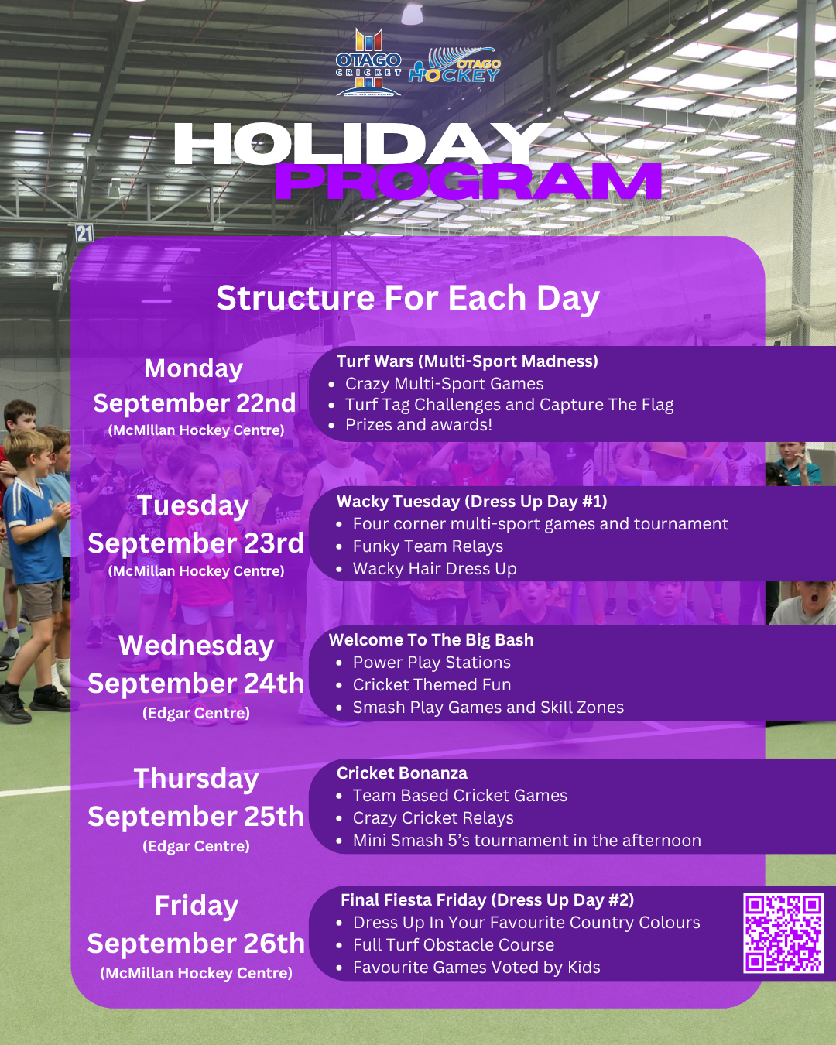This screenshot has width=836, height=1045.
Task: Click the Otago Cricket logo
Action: tap(368, 62)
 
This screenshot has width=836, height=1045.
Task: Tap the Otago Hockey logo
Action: tap(454, 66)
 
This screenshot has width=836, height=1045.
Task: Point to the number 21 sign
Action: tap(84, 233)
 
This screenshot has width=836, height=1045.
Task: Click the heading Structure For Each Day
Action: tap(408, 298)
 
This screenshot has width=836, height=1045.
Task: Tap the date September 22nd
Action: tap(194, 403)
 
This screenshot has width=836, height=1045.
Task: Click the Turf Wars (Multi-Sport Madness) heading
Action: tap(468, 361)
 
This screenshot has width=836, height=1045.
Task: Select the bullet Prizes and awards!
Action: tap(419, 425)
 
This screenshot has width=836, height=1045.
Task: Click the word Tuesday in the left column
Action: tap(194, 506)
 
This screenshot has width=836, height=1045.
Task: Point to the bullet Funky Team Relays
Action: tap(428, 546)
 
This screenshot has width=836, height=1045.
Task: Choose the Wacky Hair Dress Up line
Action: tap(435, 569)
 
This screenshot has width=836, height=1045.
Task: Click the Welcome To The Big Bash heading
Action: tap(431, 640)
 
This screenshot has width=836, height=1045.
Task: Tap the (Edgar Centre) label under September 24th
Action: tap(197, 713)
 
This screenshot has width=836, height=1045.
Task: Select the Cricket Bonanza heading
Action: tap(403, 773)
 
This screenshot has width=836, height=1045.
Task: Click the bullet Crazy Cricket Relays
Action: tap(433, 818)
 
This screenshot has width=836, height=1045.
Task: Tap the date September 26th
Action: tap(197, 944)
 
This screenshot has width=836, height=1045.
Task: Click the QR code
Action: tap(783, 934)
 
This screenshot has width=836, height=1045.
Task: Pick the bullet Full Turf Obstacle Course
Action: tap(454, 945)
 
